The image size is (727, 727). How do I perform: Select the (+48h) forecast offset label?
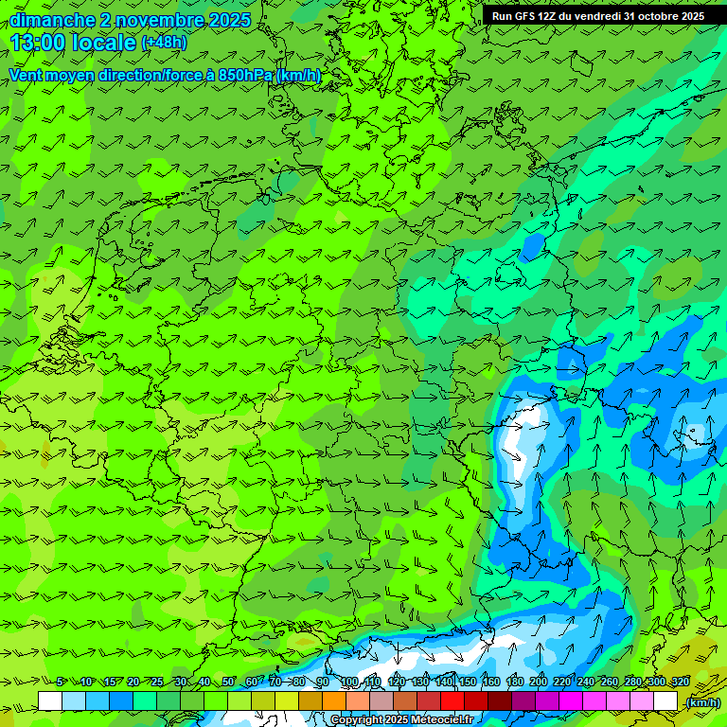tap(164, 43)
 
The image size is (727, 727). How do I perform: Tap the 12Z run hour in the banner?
tap(551, 16)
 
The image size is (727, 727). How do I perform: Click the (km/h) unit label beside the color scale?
tap(702, 701)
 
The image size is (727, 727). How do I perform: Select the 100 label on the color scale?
tap(349, 682)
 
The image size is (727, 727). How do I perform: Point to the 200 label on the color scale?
tap(539, 682)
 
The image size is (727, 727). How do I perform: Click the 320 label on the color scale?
tap(680, 682)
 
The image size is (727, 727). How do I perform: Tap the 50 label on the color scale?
tap(227, 682)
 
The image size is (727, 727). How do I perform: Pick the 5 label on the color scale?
tap(60, 682)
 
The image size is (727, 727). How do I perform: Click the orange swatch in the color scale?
tap(334, 701)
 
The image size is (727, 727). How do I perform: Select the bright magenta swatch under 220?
tap(571, 701)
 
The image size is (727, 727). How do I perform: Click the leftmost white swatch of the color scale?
tap(50, 701)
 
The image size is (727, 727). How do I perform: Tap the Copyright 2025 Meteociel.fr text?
tap(401, 719)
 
